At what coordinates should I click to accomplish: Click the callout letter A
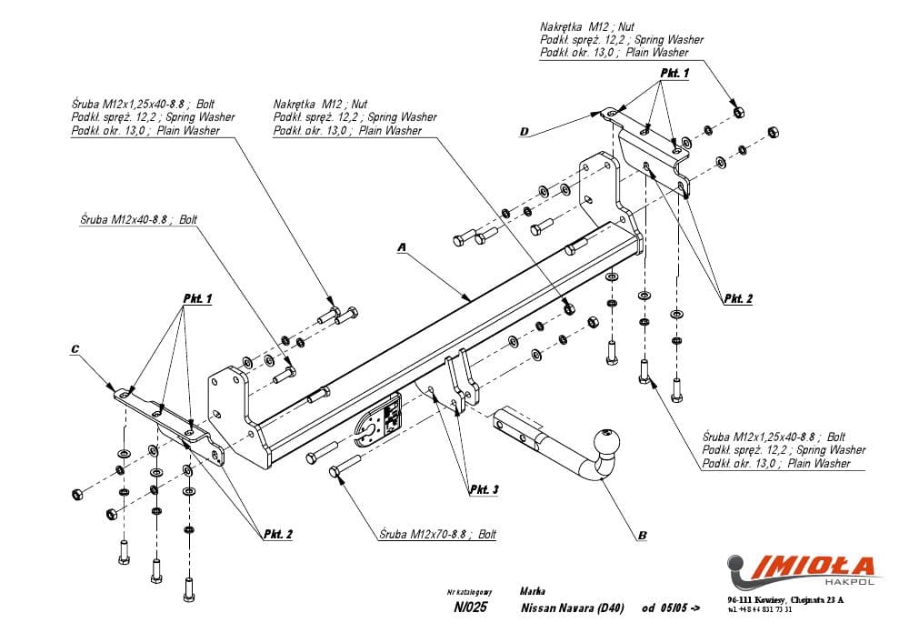(x=400, y=246)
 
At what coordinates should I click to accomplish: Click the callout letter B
(x=642, y=536)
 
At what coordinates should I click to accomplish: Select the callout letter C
(x=75, y=348)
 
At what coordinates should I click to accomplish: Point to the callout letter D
(x=524, y=132)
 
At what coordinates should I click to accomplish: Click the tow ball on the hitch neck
(x=605, y=444)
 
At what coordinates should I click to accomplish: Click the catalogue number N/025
(x=470, y=608)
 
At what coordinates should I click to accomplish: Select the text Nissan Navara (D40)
(x=572, y=608)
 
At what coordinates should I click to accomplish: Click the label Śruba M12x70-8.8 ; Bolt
(x=438, y=535)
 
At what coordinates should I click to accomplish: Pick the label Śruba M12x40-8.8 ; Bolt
(x=138, y=219)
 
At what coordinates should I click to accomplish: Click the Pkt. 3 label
(x=484, y=490)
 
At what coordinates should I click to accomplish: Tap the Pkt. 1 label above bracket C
(x=197, y=298)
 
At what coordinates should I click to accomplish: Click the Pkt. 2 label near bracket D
(x=738, y=298)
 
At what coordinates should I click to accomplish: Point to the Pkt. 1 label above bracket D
(x=674, y=72)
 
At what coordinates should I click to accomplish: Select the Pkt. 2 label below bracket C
(x=277, y=534)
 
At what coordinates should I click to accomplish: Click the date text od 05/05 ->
(x=671, y=608)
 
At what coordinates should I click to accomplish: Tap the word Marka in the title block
(x=534, y=590)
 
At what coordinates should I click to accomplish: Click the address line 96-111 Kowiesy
(x=785, y=599)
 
